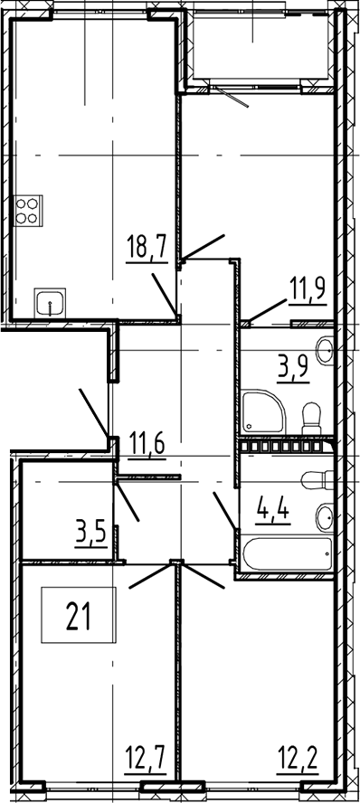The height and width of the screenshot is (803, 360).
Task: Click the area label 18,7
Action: pyautogui.click(x=147, y=250)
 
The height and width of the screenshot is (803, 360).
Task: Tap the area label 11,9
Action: pyautogui.click(x=308, y=292)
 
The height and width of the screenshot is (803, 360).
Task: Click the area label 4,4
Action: pyautogui.click(x=273, y=513)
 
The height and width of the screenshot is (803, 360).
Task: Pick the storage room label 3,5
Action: pyautogui.click(x=90, y=534)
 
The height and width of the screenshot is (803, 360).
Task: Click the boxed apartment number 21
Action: pyautogui.click(x=79, y=615)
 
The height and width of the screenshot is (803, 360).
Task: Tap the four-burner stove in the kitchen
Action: pyautogui.click(x=29, y=211)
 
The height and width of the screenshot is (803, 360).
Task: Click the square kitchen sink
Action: pyautogui.click(x=50, y=303)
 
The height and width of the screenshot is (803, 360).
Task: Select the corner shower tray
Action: pyautogui.click(x=262, y=411)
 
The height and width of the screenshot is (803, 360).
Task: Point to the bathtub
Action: pyautogui.click(x=286, y=553)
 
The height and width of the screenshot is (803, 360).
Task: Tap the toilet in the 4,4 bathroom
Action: pyautogui.click(x=317, y=480)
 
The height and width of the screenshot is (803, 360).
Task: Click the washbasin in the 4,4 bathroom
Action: pyautogui.click(x=325, y=518)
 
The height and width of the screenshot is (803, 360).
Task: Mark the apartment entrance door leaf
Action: pyautogui.click(x=94, y=412)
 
